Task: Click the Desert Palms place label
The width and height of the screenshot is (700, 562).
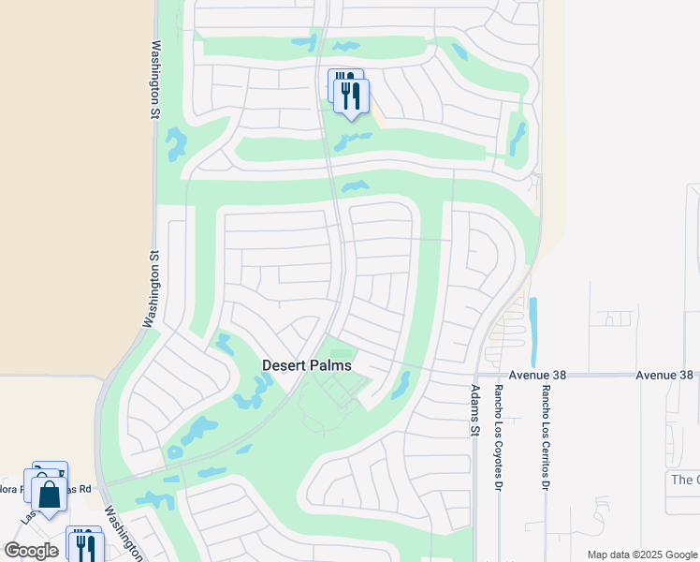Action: [x=307, y=365]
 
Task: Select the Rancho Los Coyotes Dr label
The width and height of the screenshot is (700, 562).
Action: [x=499, y=427]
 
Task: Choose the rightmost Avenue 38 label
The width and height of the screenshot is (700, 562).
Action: [x=664, y=375]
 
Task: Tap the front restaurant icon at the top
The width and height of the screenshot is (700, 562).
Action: [x=351, y=96]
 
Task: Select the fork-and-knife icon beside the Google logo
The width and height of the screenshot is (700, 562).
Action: [x=85, y=546]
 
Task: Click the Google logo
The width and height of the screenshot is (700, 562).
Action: [x=31, y=551]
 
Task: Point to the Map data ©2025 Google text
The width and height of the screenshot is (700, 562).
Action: [x=641, y=555]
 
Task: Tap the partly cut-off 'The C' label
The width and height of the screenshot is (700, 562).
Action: [x=685, y=480]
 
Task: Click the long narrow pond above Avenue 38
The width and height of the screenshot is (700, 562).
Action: [x=533, y=333]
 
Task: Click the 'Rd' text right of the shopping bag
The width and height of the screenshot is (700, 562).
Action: [x=85, y=489]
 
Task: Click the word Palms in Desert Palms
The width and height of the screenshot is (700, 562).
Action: [x=332, y=365]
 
